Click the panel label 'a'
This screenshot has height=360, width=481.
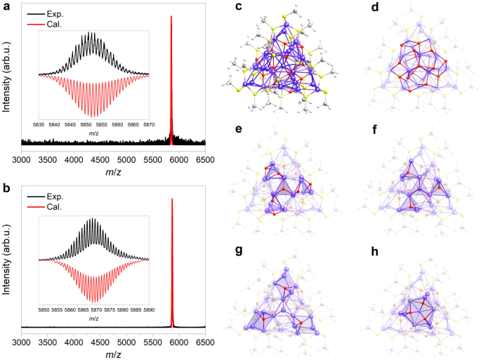click(x=6, y=7)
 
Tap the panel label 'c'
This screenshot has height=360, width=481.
click(x=239, y=7)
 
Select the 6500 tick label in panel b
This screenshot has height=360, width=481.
click(x=204, y=342)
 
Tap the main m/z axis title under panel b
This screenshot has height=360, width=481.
click(x=113, y=354)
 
